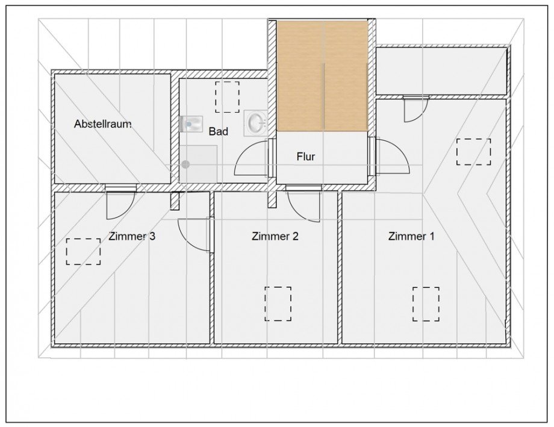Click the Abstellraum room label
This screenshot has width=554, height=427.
[x=103, y=124]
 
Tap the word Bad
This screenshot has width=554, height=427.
[x=219, y=131]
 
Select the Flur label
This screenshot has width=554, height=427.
[x=306, y=157]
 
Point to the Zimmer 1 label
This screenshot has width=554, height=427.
[x=411, y=236]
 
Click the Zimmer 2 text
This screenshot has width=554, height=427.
[x=275, y=236]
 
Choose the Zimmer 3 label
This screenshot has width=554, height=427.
[x=132, y=236]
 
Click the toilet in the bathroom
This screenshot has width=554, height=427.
[x=191, y=123]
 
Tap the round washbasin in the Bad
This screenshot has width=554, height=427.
[x=256, y=123]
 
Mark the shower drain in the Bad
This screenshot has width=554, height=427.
[x=186, y=164]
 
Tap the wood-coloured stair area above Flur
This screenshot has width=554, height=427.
[x=322, y=76]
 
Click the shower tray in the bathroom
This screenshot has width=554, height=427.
[x=198, y=164]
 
